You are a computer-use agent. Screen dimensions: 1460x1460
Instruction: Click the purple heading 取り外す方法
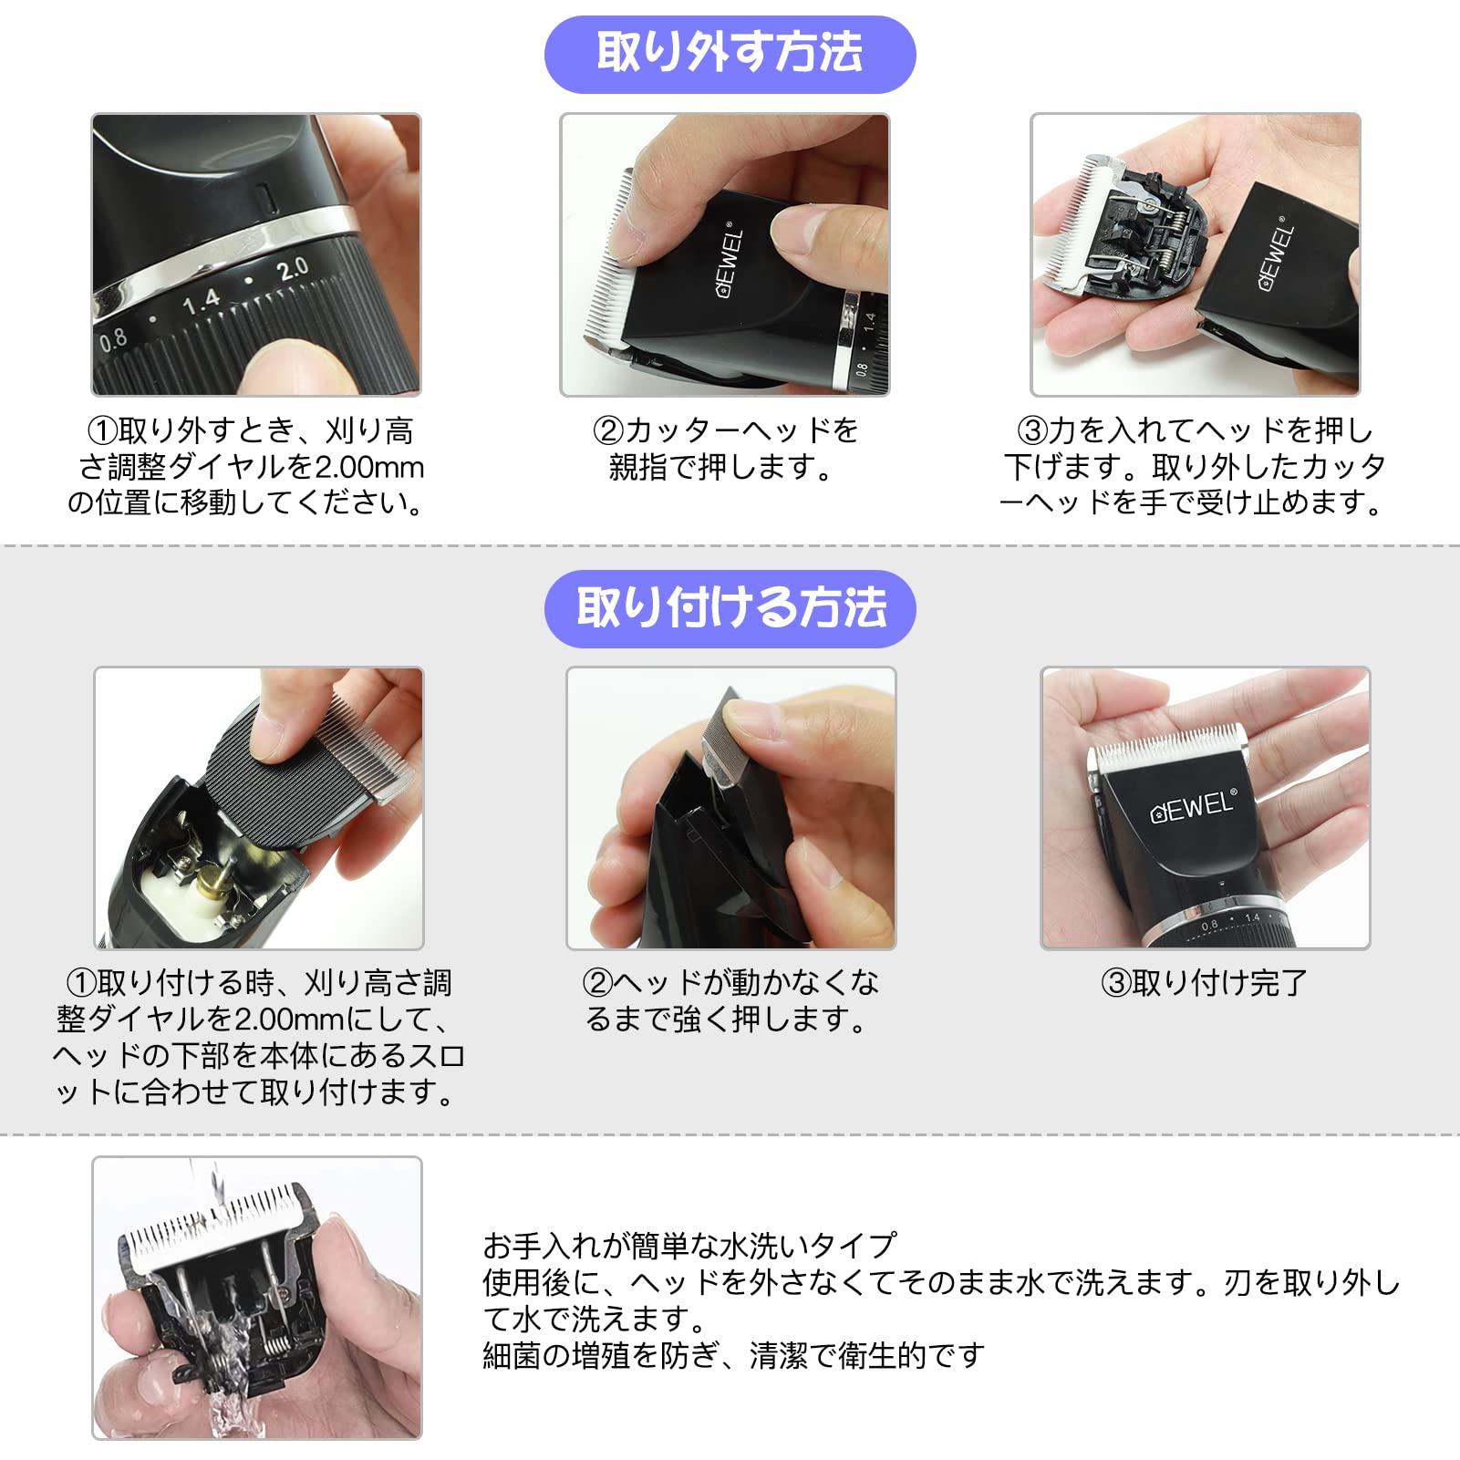(730, 53)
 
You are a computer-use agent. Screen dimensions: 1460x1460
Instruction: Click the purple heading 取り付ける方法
(730, 608)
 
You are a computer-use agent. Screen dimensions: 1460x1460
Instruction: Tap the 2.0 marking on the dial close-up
(292, 269)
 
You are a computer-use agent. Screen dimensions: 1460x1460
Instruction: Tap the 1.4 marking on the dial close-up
(201, 301)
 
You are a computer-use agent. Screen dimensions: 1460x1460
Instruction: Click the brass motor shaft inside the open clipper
(212, 883)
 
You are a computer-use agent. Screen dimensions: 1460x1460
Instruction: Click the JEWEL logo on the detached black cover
(1277, 258)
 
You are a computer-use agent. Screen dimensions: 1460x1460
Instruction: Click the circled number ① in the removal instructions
(102, 430)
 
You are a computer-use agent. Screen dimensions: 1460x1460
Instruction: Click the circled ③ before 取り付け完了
(1116, 983)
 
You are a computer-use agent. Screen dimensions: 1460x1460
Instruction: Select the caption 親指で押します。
(720, 467)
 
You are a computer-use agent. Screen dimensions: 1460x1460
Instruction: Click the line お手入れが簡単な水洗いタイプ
(689, 1245)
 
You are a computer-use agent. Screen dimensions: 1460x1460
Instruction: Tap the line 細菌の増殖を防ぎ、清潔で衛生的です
(733, 1355)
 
